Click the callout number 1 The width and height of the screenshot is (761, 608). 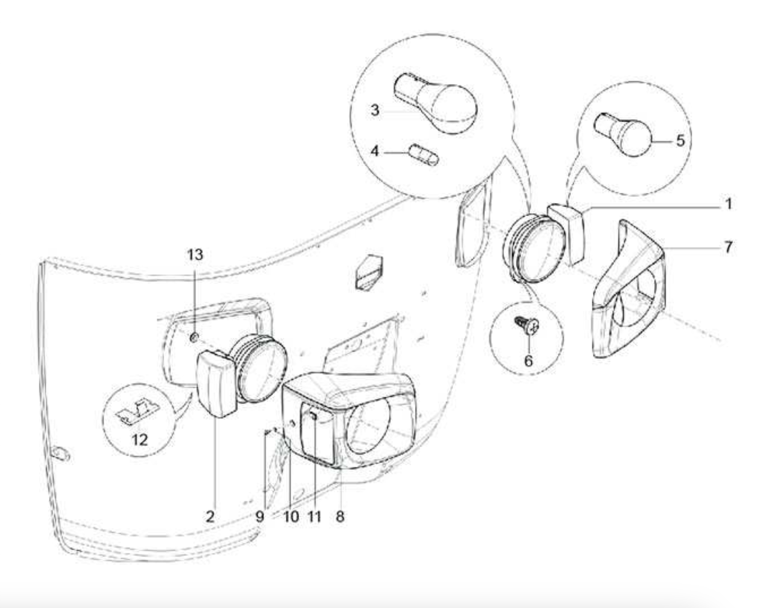(729, 204)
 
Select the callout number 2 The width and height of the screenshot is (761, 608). (210, 517)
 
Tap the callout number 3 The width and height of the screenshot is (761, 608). (375, 110)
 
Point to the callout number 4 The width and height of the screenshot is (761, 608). (375, 151)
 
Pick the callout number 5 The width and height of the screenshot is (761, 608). (680, 140)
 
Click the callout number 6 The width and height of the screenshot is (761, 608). (529, 361)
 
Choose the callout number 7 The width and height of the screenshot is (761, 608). (728, 247)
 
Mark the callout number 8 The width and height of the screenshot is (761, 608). (340, 517)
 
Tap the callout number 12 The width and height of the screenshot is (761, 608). (139, 440)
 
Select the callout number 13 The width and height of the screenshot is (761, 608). (195, 255)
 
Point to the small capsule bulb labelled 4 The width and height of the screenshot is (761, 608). (424, 155)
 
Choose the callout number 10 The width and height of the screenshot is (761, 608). (291, 517)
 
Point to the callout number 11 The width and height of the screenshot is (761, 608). (314, 517)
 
